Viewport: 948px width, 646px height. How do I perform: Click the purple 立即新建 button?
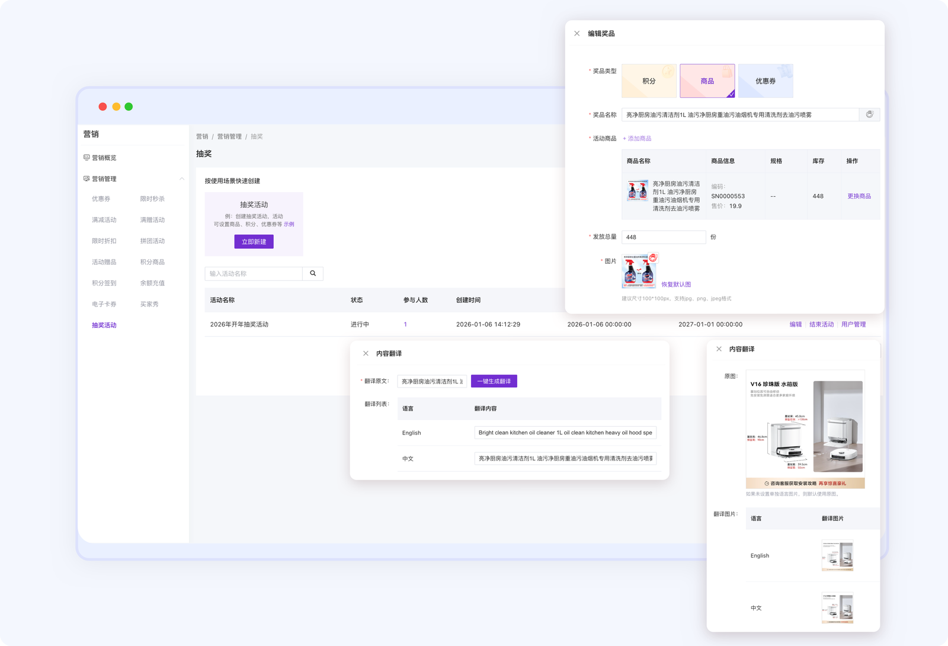click(x=254, y=242)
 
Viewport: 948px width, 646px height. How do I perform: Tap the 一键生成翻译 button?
click(x=494, y=381)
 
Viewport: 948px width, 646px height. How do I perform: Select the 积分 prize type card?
click(x=649, y=81)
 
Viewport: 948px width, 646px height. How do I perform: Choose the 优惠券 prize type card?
click(x=766, y=81)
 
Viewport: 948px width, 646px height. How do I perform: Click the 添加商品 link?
click(x=637, y=139)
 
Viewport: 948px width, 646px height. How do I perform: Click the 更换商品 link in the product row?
click(x=859, y=196)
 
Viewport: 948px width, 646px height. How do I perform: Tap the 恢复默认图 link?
click(x=676, y=284)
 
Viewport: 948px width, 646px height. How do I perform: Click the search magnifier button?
click(x=313, y=273)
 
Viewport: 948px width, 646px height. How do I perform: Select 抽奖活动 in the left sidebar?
click(x=104, y=325)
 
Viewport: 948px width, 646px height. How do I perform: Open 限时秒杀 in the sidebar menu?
click(x=152, y=199)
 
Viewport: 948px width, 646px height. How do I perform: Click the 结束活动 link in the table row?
click(x=821, y=324)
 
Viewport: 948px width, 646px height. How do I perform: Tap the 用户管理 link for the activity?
click(x=853, y=324)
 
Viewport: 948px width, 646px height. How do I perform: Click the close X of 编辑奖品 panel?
click(x=577, y=34)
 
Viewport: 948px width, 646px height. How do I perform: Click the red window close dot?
click(x=103, y=107)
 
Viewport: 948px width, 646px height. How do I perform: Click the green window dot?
click(x=129, y=107)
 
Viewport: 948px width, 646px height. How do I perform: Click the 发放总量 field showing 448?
click(x=663, y=237)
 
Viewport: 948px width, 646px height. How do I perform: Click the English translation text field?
click(x=565, y=433)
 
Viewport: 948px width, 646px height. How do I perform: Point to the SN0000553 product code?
click(x=728, y=196)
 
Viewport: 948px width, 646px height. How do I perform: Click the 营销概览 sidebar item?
click(x=104, y=158)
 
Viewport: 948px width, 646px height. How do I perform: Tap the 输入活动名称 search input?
click(x=254, y=274)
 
